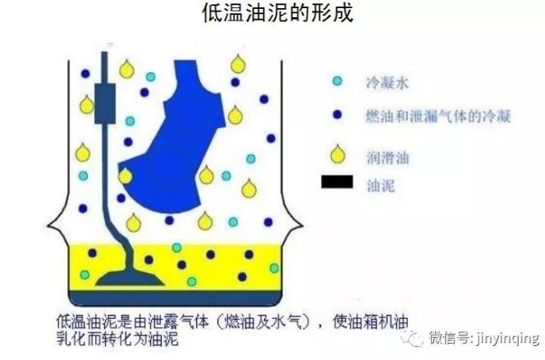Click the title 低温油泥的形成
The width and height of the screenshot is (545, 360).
277,13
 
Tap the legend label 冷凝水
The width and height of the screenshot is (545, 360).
387,84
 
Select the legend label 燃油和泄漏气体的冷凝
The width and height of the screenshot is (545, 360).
438,116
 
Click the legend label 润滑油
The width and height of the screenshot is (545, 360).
387,158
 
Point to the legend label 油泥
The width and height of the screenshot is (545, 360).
381,185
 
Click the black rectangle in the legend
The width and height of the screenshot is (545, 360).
337,182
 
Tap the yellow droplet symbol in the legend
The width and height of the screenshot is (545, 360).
337,154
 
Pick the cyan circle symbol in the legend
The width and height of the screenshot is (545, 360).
337,81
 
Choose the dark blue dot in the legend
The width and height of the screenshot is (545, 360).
337,115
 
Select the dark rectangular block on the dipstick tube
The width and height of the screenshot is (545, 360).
105,103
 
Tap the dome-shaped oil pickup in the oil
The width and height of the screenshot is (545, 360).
130,278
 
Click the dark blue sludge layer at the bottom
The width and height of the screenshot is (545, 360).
175,298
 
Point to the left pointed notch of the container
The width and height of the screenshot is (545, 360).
48,226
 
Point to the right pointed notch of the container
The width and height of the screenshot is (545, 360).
302,226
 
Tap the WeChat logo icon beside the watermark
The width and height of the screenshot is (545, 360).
412,338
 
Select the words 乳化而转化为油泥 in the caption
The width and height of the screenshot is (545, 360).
117,339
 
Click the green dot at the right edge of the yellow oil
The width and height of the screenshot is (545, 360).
274,268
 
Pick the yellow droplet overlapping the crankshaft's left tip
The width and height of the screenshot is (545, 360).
125,175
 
